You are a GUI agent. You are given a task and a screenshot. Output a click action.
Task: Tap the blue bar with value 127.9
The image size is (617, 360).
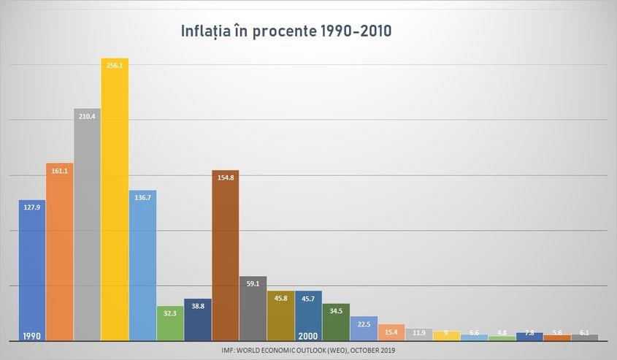32,270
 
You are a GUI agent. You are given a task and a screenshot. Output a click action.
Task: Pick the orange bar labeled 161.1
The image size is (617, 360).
60,251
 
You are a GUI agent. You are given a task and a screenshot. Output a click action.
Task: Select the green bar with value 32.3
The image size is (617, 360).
170,323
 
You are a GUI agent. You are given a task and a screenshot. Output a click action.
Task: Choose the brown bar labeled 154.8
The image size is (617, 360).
225,256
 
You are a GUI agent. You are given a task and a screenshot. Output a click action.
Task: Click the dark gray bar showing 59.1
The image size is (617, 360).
253,308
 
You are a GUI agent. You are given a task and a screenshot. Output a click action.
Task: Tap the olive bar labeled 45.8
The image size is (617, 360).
280,315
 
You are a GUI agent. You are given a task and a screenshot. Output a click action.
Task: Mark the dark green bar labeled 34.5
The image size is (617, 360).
336,322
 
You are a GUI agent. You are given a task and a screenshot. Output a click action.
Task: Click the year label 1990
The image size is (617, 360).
31,336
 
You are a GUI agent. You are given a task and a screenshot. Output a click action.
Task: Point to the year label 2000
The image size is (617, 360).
307,336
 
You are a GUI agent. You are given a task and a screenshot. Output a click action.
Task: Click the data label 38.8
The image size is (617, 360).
198,307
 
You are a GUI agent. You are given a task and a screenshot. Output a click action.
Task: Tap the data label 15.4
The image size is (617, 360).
391,332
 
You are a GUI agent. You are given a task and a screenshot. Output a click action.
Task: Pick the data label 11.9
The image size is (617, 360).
418,333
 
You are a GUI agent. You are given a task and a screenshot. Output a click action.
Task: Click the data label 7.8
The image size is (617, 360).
529,333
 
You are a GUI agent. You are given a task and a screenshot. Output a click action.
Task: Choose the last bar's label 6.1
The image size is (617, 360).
584,333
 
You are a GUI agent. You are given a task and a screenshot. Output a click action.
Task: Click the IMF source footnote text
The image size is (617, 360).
307,350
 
